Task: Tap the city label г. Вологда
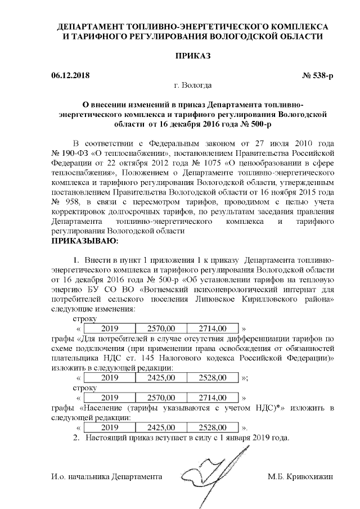(x=193, y=85)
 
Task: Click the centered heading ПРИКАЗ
(x=193, y=56)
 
